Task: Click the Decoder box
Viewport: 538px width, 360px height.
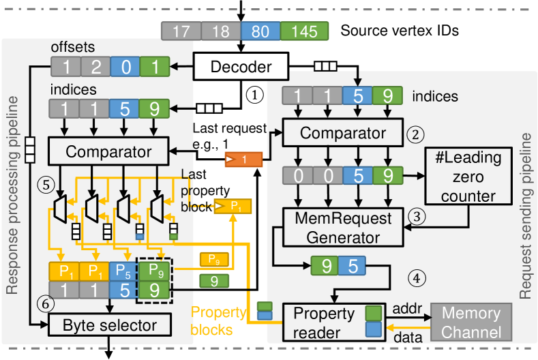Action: [241, 67]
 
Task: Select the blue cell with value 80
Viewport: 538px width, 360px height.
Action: [260, 31]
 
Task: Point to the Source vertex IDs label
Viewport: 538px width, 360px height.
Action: [389, 31]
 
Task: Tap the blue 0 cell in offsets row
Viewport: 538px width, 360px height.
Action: [125, 67]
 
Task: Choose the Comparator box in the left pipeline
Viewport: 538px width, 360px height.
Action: [108, 150]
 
